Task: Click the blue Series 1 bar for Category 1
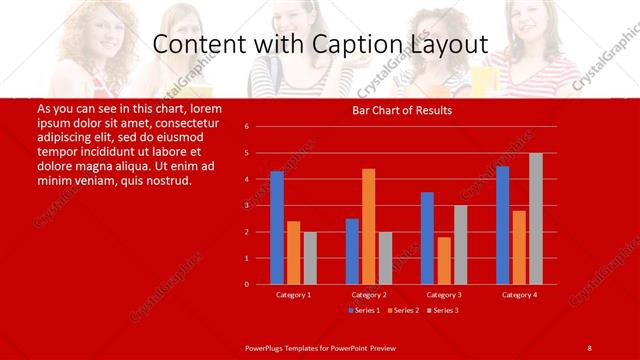pos(277,228)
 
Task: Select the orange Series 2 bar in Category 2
pos(368,227)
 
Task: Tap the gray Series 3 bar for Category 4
pos(536,219)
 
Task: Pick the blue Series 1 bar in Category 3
pos(427,238)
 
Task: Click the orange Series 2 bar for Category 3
pos(444,260)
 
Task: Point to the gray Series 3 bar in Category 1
pos(310,258)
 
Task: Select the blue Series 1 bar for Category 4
pos(502,225)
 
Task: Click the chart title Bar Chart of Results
pos(402,110)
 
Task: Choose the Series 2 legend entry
pos(404,310)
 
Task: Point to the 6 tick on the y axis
pos(260,127)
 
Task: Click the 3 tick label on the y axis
pos(260,206)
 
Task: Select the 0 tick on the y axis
pos(260,284)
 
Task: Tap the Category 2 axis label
pos(368,295)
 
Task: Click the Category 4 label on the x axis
pos(519,295)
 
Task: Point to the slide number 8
pos(589,347)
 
